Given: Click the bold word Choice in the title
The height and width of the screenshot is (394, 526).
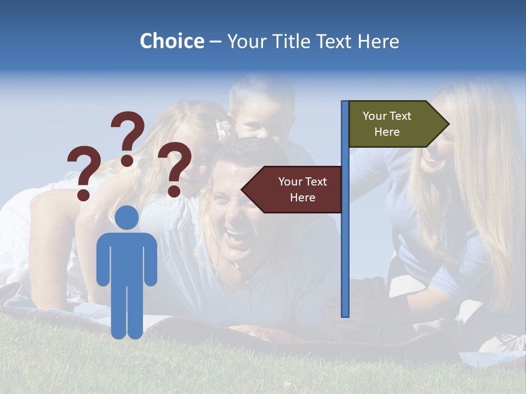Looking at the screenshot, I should coord(171,42).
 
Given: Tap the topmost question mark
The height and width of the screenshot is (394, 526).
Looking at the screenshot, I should coord(128,137).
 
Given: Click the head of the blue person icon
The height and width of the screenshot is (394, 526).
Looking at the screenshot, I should coord(127,218).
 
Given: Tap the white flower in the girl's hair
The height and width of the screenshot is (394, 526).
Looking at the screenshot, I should coord(223,129).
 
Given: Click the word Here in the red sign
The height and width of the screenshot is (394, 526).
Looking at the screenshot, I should coord(302,198).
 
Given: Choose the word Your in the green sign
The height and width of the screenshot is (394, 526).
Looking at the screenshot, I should coord(374,116).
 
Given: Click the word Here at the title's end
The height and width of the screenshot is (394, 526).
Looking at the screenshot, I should coord(378,42).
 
